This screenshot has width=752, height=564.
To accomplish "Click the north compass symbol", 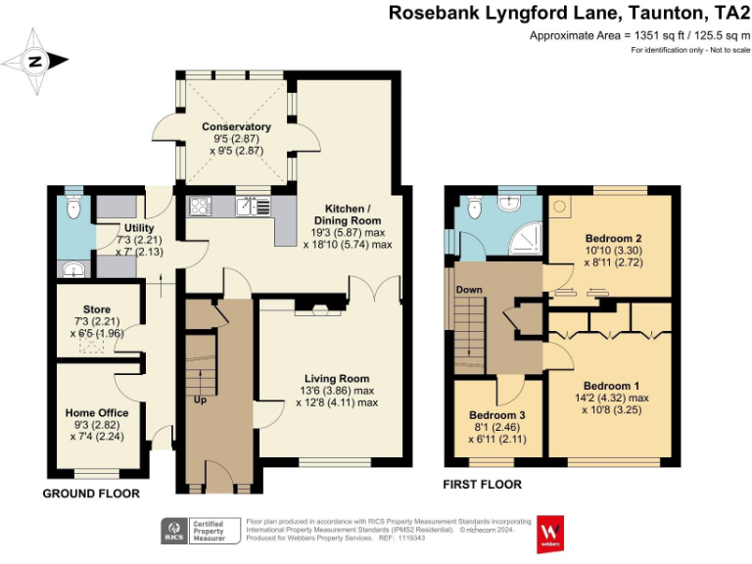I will point(35,61).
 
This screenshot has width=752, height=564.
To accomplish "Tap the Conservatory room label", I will point(236,127).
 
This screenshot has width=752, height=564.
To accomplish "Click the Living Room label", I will point(336,379).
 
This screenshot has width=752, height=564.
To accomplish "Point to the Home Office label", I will point(96,412).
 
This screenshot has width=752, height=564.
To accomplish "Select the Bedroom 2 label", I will point(614,238).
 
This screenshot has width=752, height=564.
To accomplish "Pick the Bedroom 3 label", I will point(497,415).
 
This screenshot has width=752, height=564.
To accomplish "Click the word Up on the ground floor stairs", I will point(201,400).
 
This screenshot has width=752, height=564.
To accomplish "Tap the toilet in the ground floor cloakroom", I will point(70,208).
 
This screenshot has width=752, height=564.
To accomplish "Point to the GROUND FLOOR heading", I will point(90,493).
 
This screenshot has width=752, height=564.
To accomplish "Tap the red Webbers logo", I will point(547,533).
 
